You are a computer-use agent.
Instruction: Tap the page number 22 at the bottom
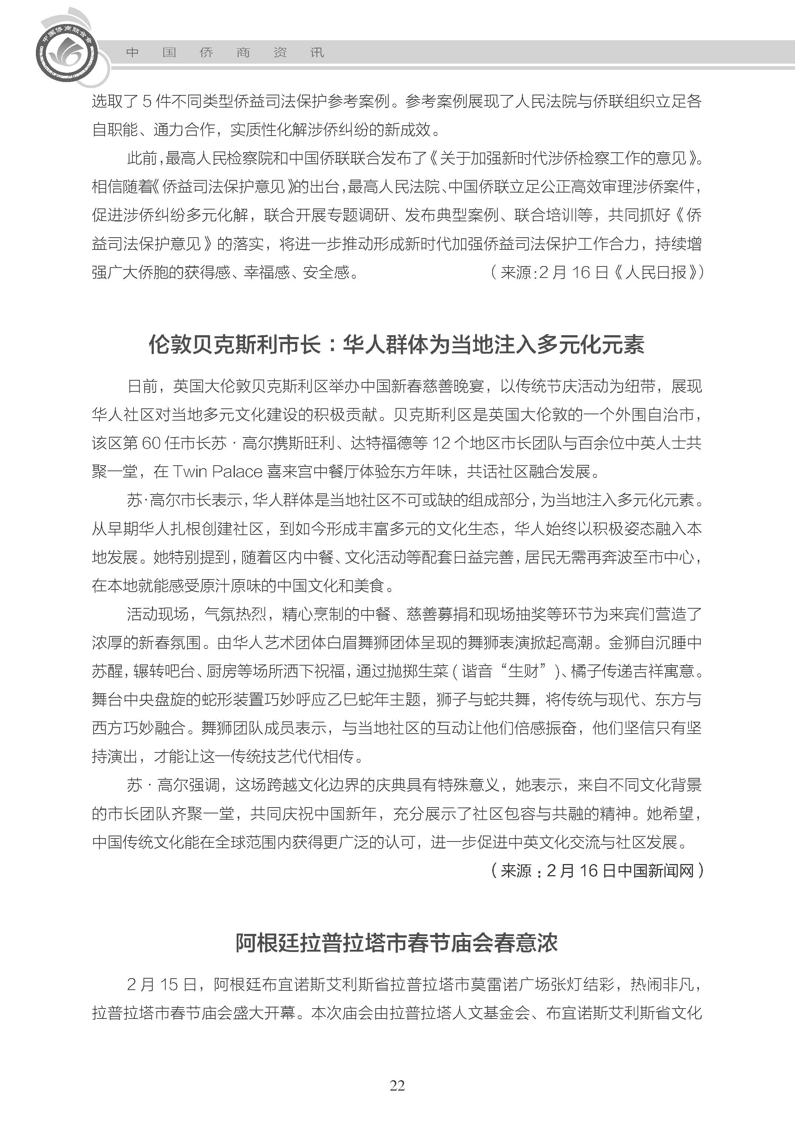click(397, 1099)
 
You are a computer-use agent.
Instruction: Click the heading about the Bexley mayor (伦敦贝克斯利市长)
click(396, 344)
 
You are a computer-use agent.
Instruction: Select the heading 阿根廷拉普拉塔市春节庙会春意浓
click(396, 943)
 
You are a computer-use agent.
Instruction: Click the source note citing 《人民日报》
click(596, 272)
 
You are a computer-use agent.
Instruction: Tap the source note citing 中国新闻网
click(596, 870)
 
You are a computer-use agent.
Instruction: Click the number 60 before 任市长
click(151, 443)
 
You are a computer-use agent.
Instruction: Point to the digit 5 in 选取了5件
click(147, 101)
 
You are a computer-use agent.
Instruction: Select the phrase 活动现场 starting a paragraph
click(158, 614)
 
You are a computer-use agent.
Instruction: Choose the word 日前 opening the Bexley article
click(142, 386)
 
